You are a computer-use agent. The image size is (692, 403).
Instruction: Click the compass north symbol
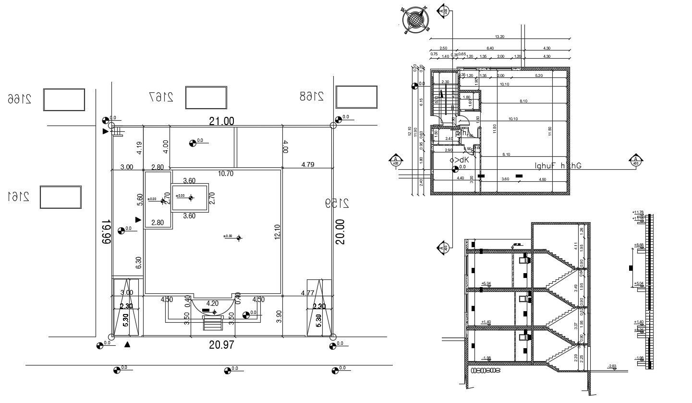coord(415,20)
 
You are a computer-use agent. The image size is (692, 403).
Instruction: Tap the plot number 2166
coord(19,99)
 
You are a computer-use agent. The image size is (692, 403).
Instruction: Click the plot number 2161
coord(18,197)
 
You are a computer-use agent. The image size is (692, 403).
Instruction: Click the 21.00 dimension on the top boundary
coord(222,121)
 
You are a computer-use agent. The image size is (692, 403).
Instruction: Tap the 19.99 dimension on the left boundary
coord(106,232)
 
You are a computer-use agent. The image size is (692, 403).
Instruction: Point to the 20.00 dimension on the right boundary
coord(340,232)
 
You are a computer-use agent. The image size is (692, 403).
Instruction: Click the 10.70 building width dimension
coord(225,174)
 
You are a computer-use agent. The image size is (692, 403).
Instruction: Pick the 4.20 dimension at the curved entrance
coord(212,303)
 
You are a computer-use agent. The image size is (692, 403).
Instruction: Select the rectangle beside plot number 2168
coord(357,97)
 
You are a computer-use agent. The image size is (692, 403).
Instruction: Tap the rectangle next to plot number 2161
coord(60,197)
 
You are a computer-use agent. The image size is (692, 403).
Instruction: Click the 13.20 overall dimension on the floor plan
coord(499,37)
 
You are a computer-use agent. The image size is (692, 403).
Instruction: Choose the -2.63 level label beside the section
coord(611,367)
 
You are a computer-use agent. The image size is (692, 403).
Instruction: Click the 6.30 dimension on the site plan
coord(138,262)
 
